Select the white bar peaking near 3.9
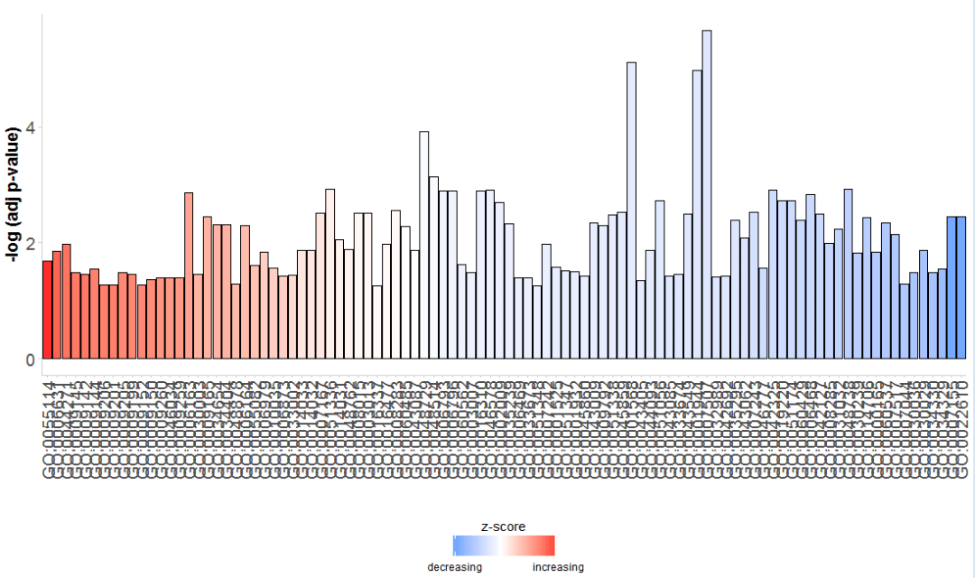point(423,245)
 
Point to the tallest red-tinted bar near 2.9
point(189,275)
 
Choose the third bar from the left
point(66,302)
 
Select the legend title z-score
point(504,526)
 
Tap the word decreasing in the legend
point(454,567)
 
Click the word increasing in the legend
point(558,567)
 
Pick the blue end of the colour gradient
point(457,545)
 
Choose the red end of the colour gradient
point(551,545)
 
